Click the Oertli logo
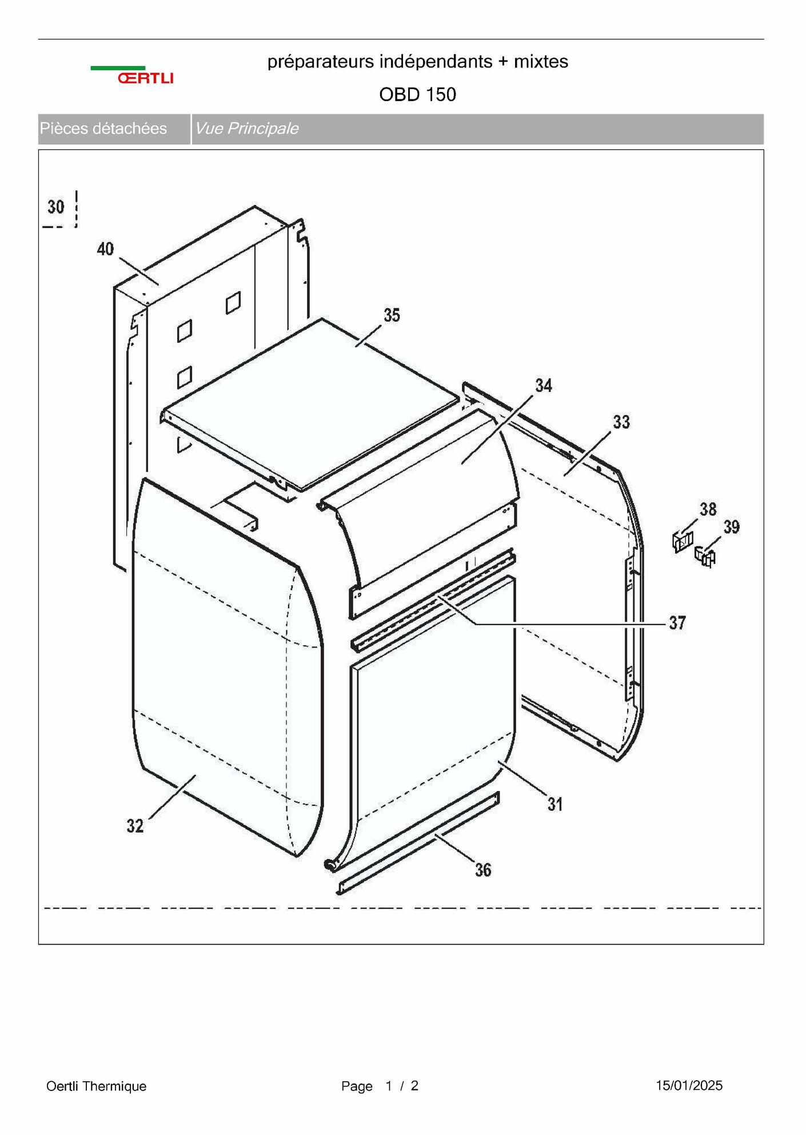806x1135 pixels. pyautogui.click(x=132, y=75)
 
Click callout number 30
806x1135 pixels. pyautogui.click(x=56, y=207)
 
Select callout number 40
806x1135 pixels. pyautogui.click(x=106, y=249)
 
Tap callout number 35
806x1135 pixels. pyautogui.click(x=392, y=315)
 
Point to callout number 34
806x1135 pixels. pyautogui.click(x=544, y=386)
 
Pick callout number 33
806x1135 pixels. pyautogui.click(x=621, y=422)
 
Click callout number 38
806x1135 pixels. pyautogui.click(x=708, y=509)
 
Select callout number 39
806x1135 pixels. pyautogui.click(x=732, y=527)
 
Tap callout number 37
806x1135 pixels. pyautogui.click(x=677, y=623)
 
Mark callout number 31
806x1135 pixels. pyautogui.click(x=555, y=805)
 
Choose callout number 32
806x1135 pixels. pyautogui.click(x=135, y=826)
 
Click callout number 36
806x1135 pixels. pyautogui.click(x=484, y=870)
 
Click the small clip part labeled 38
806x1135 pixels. pyautogui.click(x=683, y=541)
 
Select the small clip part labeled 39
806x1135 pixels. pyautogui.click(x=705, y=557)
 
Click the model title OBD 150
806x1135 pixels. pyautogui.click(x=418, y=94)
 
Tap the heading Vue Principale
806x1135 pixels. pyautogui.click(x=247, y=129)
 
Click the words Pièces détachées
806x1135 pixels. pyautogui.click(x=103, y=129)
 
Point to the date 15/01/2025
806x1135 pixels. pyautogui.click(x=689, y=1085)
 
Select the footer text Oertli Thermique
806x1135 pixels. pyautogui.click(x=97, y=1086)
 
